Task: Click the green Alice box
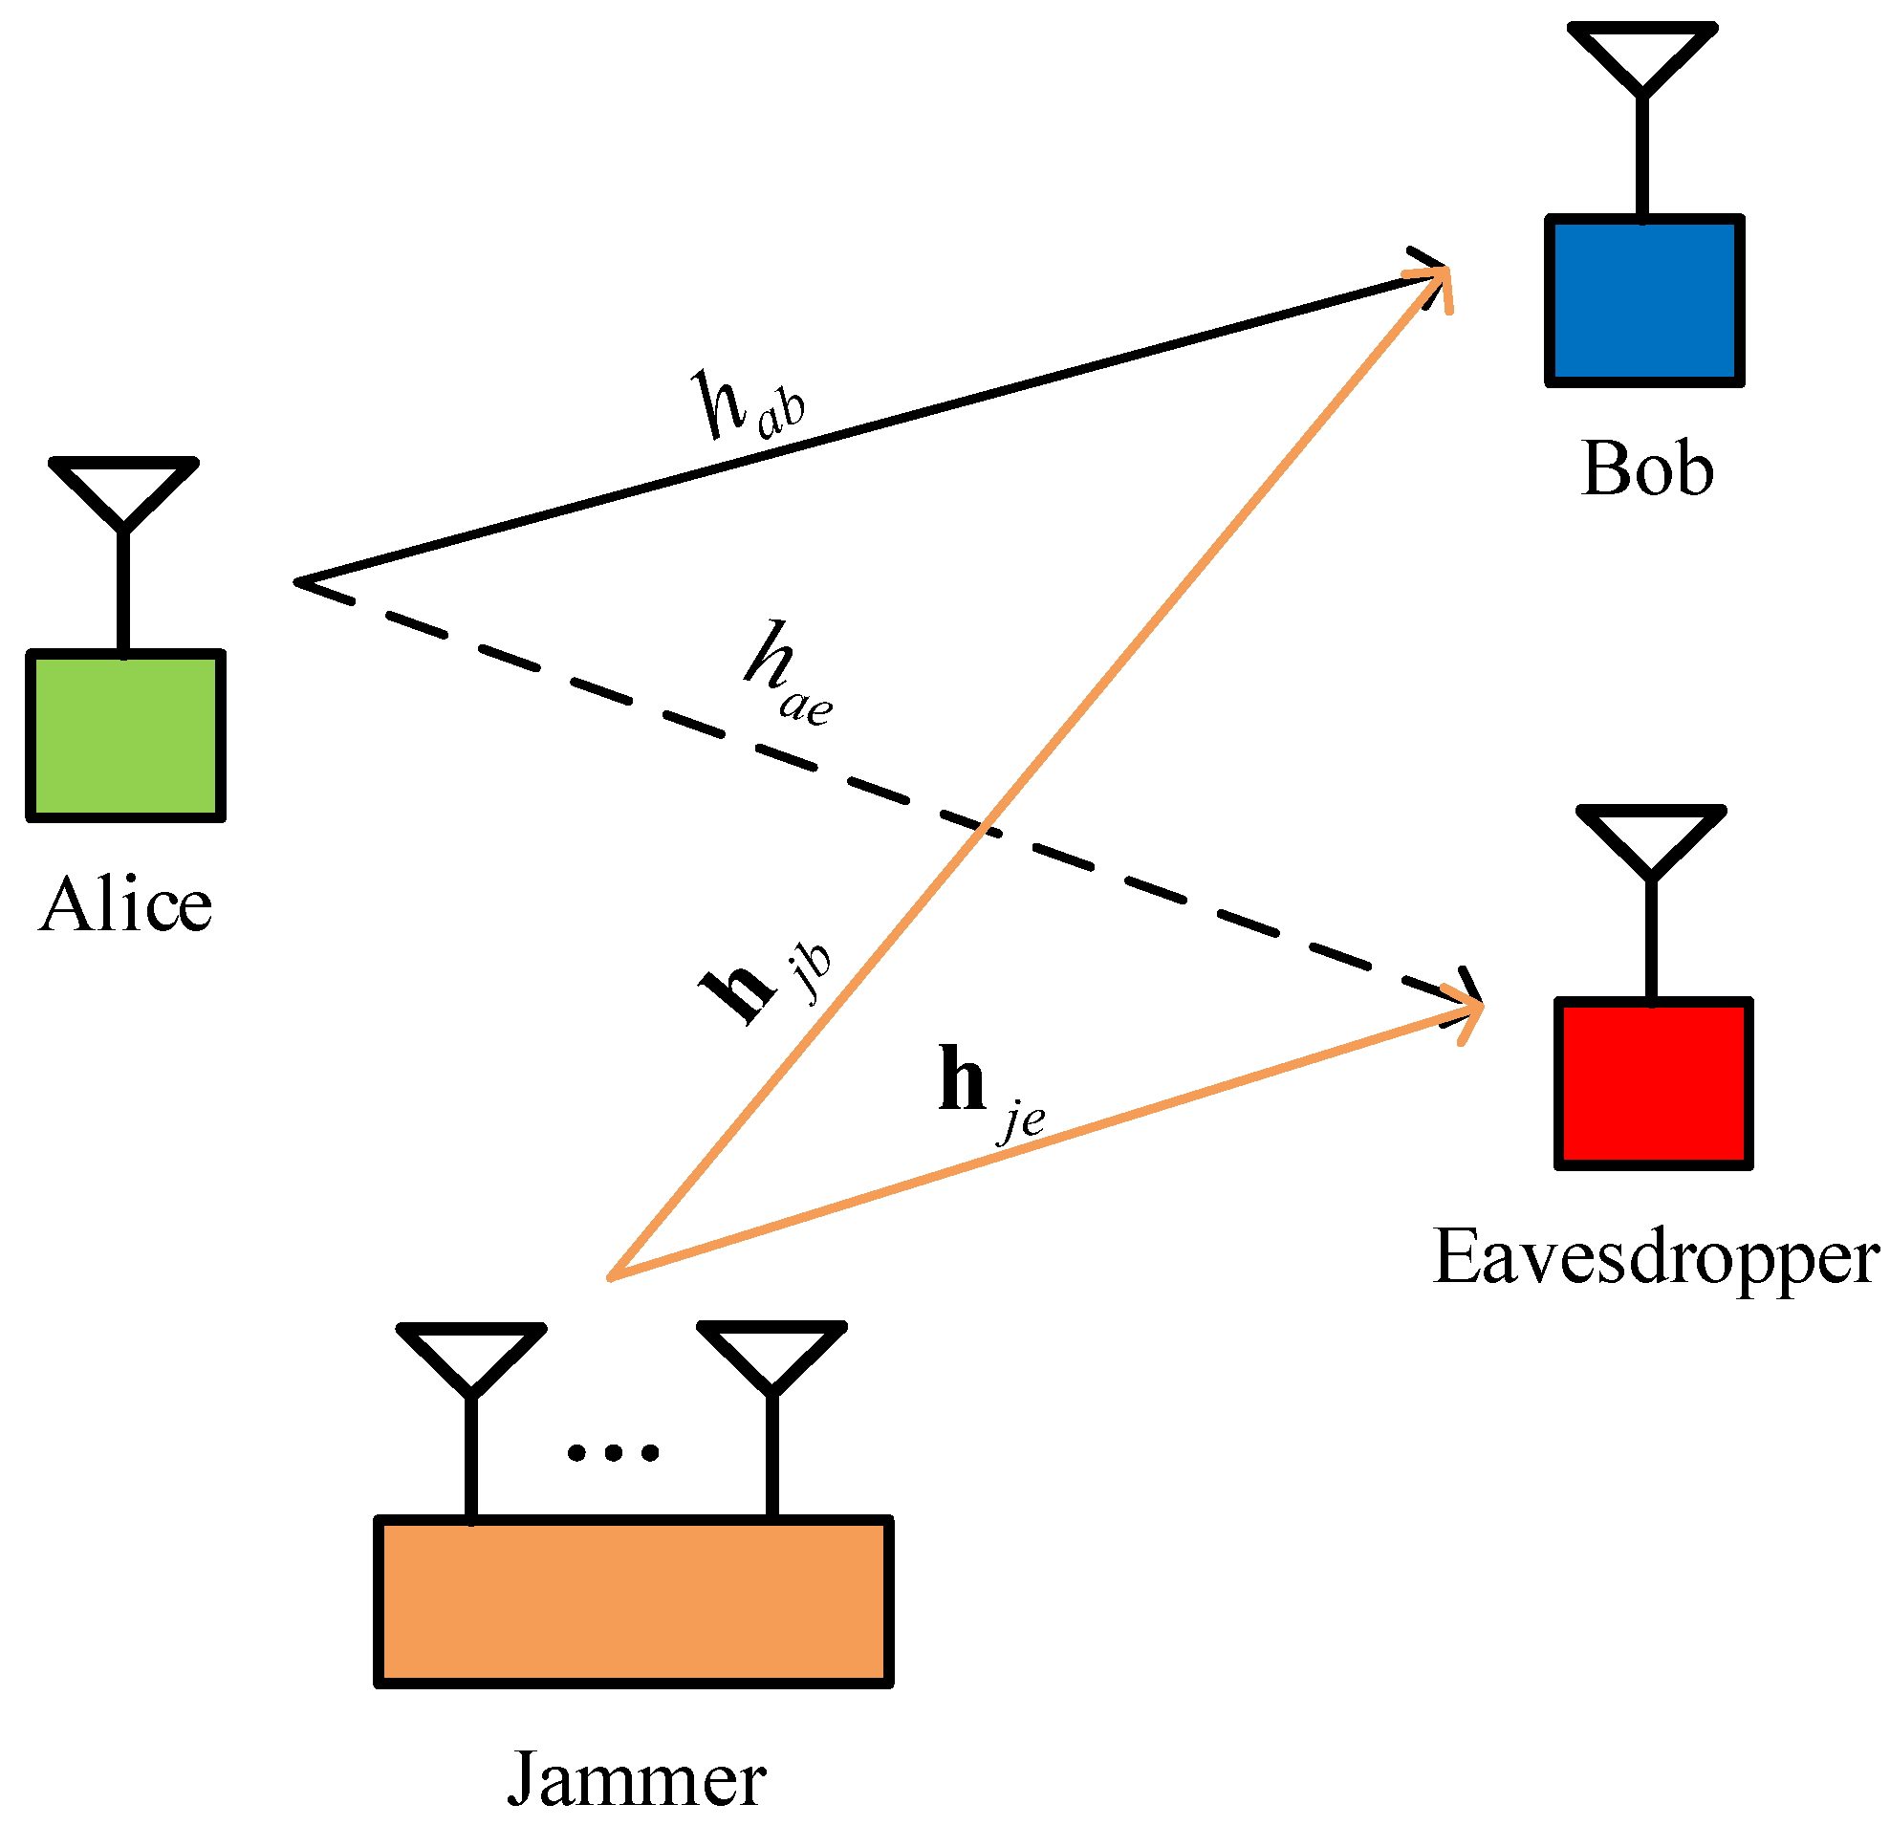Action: point(125,735)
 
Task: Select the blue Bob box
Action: point(1645,300)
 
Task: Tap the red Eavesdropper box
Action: point(1654,1083)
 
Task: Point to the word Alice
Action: point(125,904)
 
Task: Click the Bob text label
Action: point(1648,468)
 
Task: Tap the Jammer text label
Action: point(637,1777)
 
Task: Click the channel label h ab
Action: point(749,404)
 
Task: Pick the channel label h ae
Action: point(789,674)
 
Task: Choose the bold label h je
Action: point(992,1093)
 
